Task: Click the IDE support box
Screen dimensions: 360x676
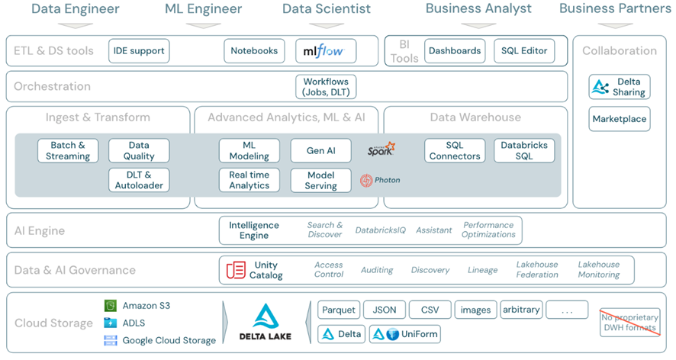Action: (x=139, y=51)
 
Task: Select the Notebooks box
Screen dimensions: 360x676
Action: (x=254, y=51)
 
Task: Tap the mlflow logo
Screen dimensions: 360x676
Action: (x=326, y=51)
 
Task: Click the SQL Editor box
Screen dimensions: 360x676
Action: (x=524, y=51)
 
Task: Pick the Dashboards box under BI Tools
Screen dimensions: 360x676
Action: (x=455, y=51)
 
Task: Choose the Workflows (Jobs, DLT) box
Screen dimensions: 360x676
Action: (x=326, y=87)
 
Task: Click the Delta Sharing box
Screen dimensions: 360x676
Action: (x=619, y=87)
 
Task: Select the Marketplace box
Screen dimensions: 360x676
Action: (x=619, y=119)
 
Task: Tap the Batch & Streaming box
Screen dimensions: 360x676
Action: (x=68, y=151)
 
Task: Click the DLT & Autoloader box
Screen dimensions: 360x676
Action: (x=139, y=181)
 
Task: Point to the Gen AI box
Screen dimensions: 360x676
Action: (x=320, y=151)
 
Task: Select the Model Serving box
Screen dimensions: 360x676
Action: (x=320, y=181)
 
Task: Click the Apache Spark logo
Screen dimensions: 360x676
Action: (x=381, y=149)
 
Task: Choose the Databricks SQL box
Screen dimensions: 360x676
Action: (x=524, y=151)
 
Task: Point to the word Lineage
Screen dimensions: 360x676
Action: (x=482, y=270)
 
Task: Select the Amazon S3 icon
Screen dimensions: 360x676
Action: (x=111, y=306)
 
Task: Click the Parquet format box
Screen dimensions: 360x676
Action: (x=339, y=310)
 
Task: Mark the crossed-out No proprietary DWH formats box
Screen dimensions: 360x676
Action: (x=629, y=323)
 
